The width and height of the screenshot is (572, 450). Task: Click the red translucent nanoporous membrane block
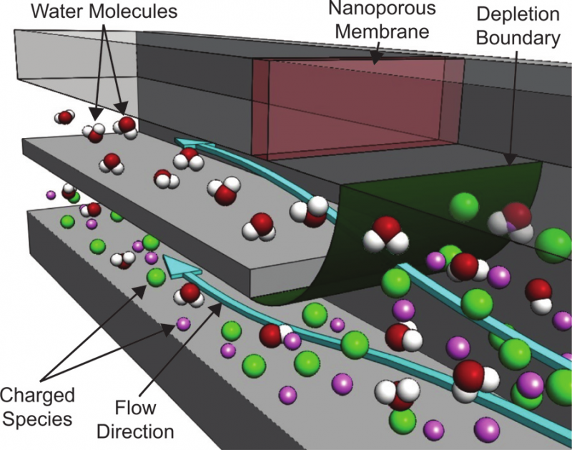[357, 107]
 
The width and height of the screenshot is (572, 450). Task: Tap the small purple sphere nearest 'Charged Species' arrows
[183, 323]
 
